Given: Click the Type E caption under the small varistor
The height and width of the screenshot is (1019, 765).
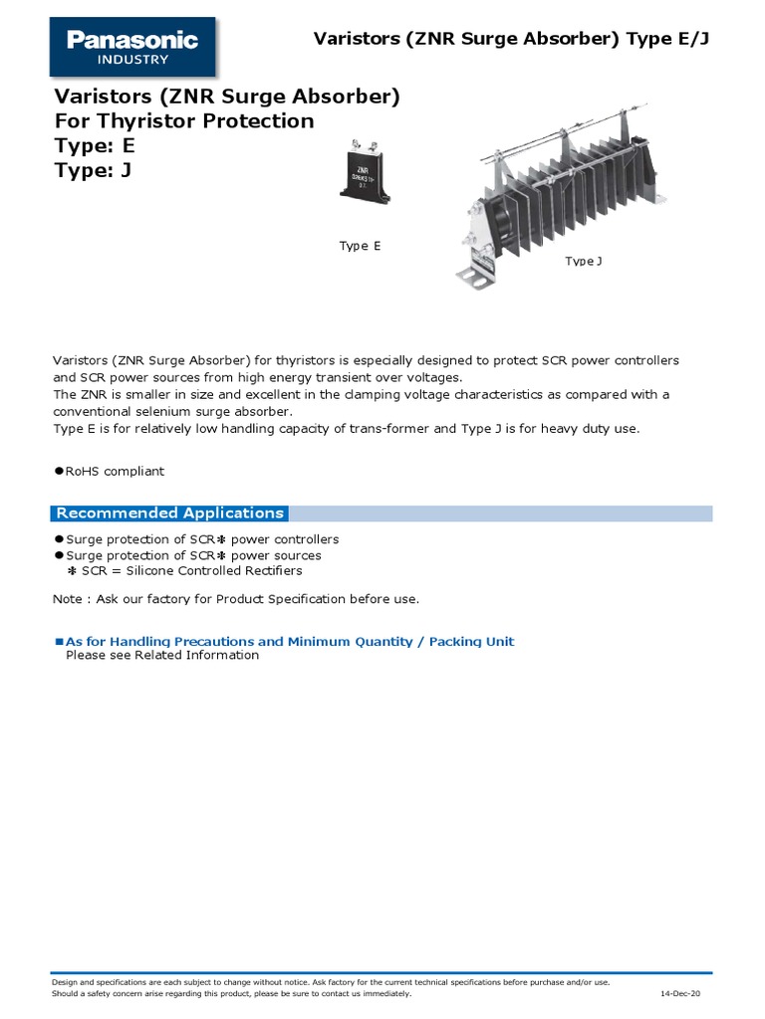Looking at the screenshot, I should [x=360, y=246].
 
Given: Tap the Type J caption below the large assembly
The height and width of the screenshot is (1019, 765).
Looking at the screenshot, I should [x=584, y=261].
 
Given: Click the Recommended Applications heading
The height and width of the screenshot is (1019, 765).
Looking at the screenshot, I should [x=169, y=513].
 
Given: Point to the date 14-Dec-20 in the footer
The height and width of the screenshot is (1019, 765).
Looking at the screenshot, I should [x=680, y=994].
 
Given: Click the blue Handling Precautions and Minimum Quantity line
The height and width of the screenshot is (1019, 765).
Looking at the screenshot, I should [x=289, y=642].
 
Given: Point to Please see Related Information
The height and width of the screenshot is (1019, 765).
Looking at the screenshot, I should [x=161, y=656].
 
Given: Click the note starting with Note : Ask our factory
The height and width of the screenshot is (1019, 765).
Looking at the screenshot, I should [x=235, y=599].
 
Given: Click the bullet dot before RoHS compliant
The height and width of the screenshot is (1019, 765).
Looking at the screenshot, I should [x=58, y=471].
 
